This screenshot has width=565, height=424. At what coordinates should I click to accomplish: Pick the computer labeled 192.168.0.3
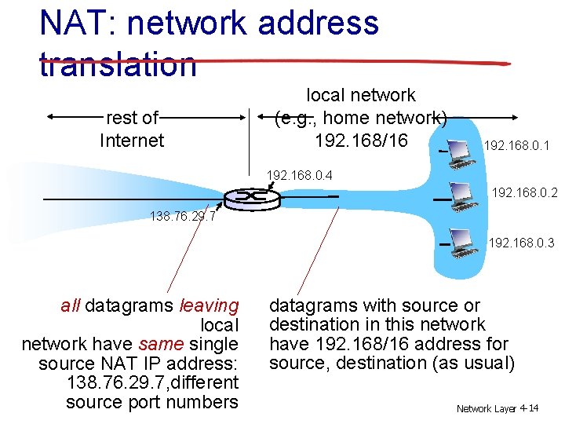[x=464, y=240]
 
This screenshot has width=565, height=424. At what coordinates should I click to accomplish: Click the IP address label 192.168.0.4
[x=301, y=174]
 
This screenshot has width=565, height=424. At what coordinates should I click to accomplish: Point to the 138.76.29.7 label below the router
[x=181, y=216]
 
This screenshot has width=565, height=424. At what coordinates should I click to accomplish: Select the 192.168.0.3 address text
[x=521, y=243]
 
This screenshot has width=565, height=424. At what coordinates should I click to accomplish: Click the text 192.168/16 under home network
[x=361, y=141]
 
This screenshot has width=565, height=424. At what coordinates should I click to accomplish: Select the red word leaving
[x=209, y=305]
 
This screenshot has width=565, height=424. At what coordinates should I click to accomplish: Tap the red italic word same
[x=155, y=344]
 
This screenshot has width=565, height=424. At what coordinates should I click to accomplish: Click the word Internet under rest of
[x=132, y=141]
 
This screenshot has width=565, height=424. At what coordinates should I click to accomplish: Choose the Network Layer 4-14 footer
[x=498, y=408]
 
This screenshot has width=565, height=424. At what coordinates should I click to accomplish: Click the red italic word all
[x=71, y=305]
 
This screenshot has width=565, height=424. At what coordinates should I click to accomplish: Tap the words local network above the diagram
[x=360, y=95]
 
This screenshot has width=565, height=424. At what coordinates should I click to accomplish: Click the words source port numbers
[x=152, y=402]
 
